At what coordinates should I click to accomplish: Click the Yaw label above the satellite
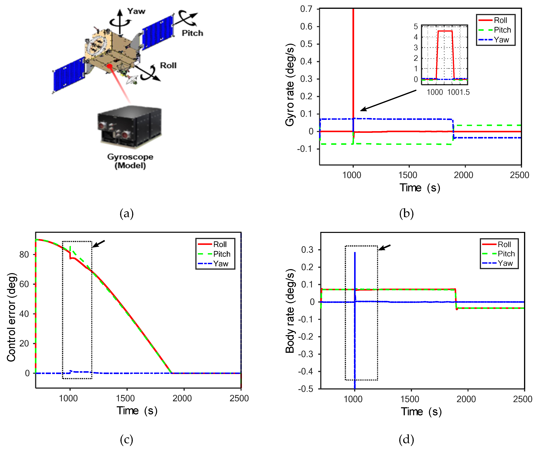tap(136, 11)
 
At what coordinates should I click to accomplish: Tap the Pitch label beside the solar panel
tap(192, 33)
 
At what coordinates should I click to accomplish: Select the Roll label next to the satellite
tap(168, 66)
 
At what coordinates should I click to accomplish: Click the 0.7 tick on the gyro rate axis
tap(306, 9)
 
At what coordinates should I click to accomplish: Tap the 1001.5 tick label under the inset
tap(458, 92)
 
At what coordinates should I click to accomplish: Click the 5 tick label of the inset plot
tap(416, 27)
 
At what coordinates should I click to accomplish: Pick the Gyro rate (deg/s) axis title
tap(290, 85)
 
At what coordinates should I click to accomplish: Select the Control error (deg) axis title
tap(11, 317)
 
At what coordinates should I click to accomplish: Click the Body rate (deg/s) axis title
tap(290, 311)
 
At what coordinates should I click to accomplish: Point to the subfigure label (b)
tap(406, 213)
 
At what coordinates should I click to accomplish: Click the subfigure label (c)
tap(127, 440)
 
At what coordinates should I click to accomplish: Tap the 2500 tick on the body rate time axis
tap(522, 399)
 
